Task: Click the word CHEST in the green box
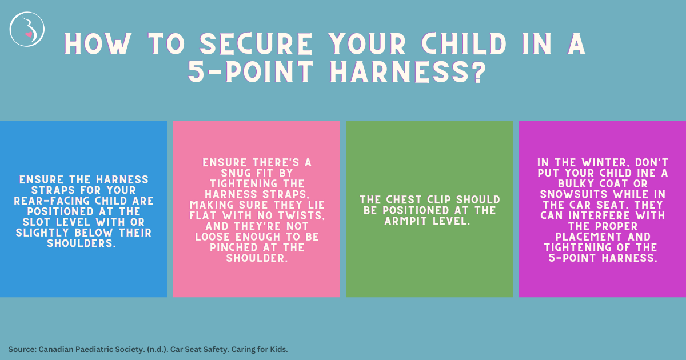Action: click(403, 200)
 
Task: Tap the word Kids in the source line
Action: click(277, 349)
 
